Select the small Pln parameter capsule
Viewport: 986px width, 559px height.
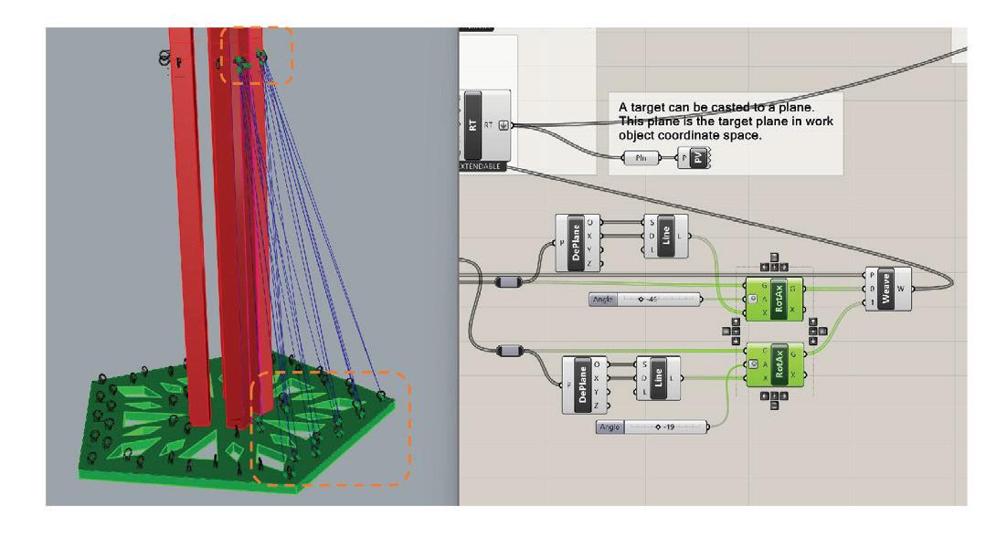(641, 158)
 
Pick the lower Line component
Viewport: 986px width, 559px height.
(655, 377)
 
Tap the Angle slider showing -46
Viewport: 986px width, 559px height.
(647, 300)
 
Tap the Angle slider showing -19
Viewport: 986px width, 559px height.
(652, 427)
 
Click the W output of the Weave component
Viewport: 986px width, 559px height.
(903, 289)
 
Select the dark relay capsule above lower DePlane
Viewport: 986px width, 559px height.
(508, 350)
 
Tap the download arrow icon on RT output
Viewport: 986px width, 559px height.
(504, 125)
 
